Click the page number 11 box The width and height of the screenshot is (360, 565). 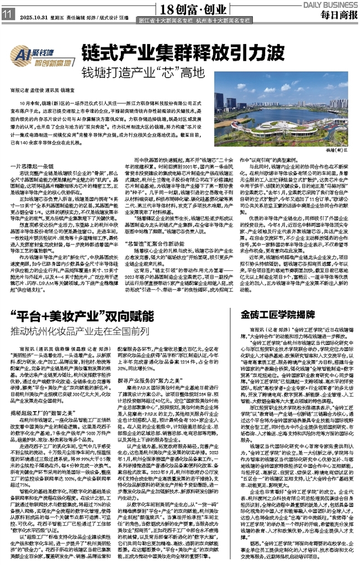click(x=8, y=14)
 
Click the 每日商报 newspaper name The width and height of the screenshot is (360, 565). click(x=337, y=14)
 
